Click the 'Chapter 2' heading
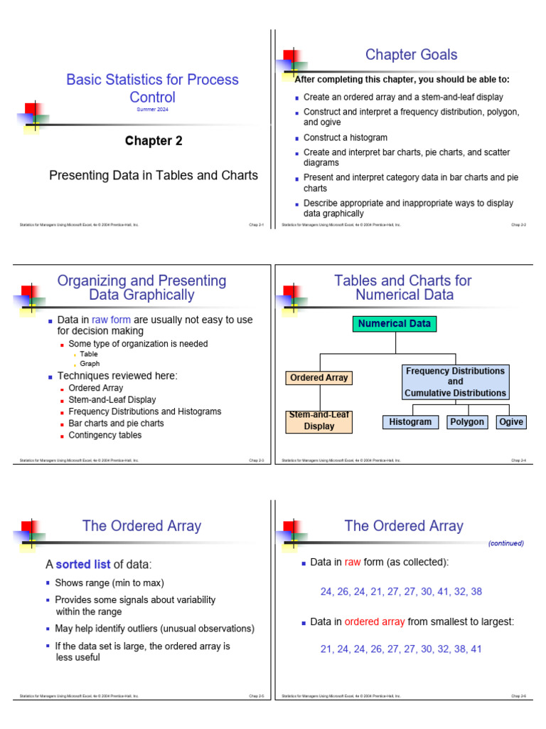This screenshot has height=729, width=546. click(x=154, y=141)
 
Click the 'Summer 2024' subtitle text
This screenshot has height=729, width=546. click(x=152, y=109)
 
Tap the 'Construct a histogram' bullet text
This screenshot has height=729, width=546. click(x=346, y=137)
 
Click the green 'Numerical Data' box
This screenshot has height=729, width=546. click(x=395, y=324)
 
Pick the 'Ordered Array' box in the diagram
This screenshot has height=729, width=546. click(x=319, y=378)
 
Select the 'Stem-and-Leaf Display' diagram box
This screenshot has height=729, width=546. click(x=319, y=421)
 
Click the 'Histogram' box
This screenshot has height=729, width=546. click(x=410, y=422)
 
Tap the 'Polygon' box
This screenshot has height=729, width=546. click(x=467, y=422)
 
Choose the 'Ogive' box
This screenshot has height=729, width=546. click(x=511, y=422)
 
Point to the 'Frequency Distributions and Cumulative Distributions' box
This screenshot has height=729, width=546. click(x=455, y=382)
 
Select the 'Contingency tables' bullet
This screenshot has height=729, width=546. click(x=105, y=435)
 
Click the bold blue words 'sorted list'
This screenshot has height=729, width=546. click(x=83, y=565)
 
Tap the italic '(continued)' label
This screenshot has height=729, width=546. click(x=505, y=543)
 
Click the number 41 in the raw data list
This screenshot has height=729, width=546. click(x=441, y=592)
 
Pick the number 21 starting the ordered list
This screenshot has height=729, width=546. click(x=327, y=649)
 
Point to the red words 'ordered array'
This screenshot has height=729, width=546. click(x=375, y=622)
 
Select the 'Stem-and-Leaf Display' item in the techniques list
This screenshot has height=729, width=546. click(x=112, y=400)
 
